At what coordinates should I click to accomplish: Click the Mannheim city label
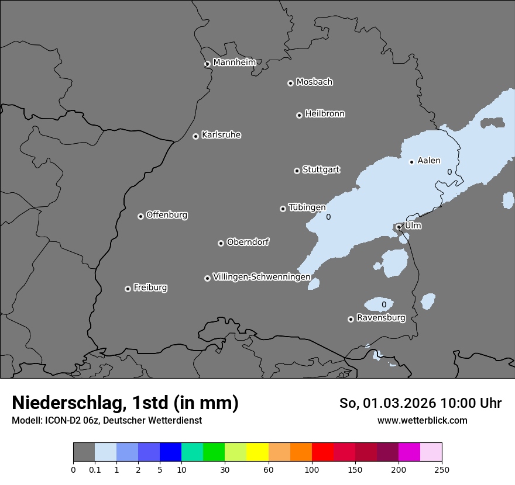(234, 63)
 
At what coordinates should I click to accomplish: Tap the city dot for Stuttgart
(297, 171)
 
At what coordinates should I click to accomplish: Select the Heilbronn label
(325, 114)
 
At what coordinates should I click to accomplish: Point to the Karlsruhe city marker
(195, 136)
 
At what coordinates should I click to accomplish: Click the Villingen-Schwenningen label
(262, 277)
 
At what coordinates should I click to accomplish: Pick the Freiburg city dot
(128, 289)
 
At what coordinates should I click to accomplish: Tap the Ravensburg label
(381, 318)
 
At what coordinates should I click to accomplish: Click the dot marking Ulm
(399, 227)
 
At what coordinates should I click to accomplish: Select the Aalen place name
(429, 161)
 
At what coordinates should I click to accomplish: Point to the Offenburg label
(167, 215)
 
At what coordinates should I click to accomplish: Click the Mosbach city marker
(290, 83)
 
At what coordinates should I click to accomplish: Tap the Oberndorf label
(248, 242)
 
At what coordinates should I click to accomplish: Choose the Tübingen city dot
(283, 209)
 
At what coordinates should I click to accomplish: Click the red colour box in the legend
(322, 452)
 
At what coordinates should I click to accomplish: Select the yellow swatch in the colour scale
(257, 452)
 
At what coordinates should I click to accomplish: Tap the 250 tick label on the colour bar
(442, 469)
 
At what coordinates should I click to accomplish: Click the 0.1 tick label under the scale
(95, 469)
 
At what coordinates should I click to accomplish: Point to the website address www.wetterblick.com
(422, 421)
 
